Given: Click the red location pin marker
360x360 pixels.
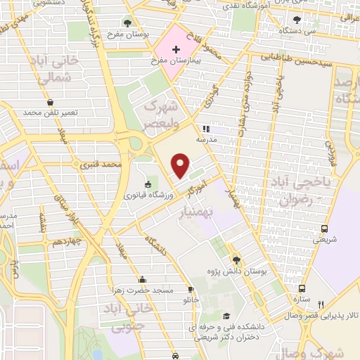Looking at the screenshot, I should point(181,167).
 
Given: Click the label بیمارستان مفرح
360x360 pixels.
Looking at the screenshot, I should point(176,62).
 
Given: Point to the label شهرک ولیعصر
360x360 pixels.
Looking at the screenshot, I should point(159,114).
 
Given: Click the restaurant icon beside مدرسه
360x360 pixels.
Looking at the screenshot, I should point(207,129).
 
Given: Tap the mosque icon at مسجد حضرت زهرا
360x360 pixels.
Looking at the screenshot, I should point(143,278).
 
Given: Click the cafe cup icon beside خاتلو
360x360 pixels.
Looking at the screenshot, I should point(190,290).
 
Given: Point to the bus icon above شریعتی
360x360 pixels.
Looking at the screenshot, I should point(324,229).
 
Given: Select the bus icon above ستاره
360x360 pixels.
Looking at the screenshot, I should point(302,288).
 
